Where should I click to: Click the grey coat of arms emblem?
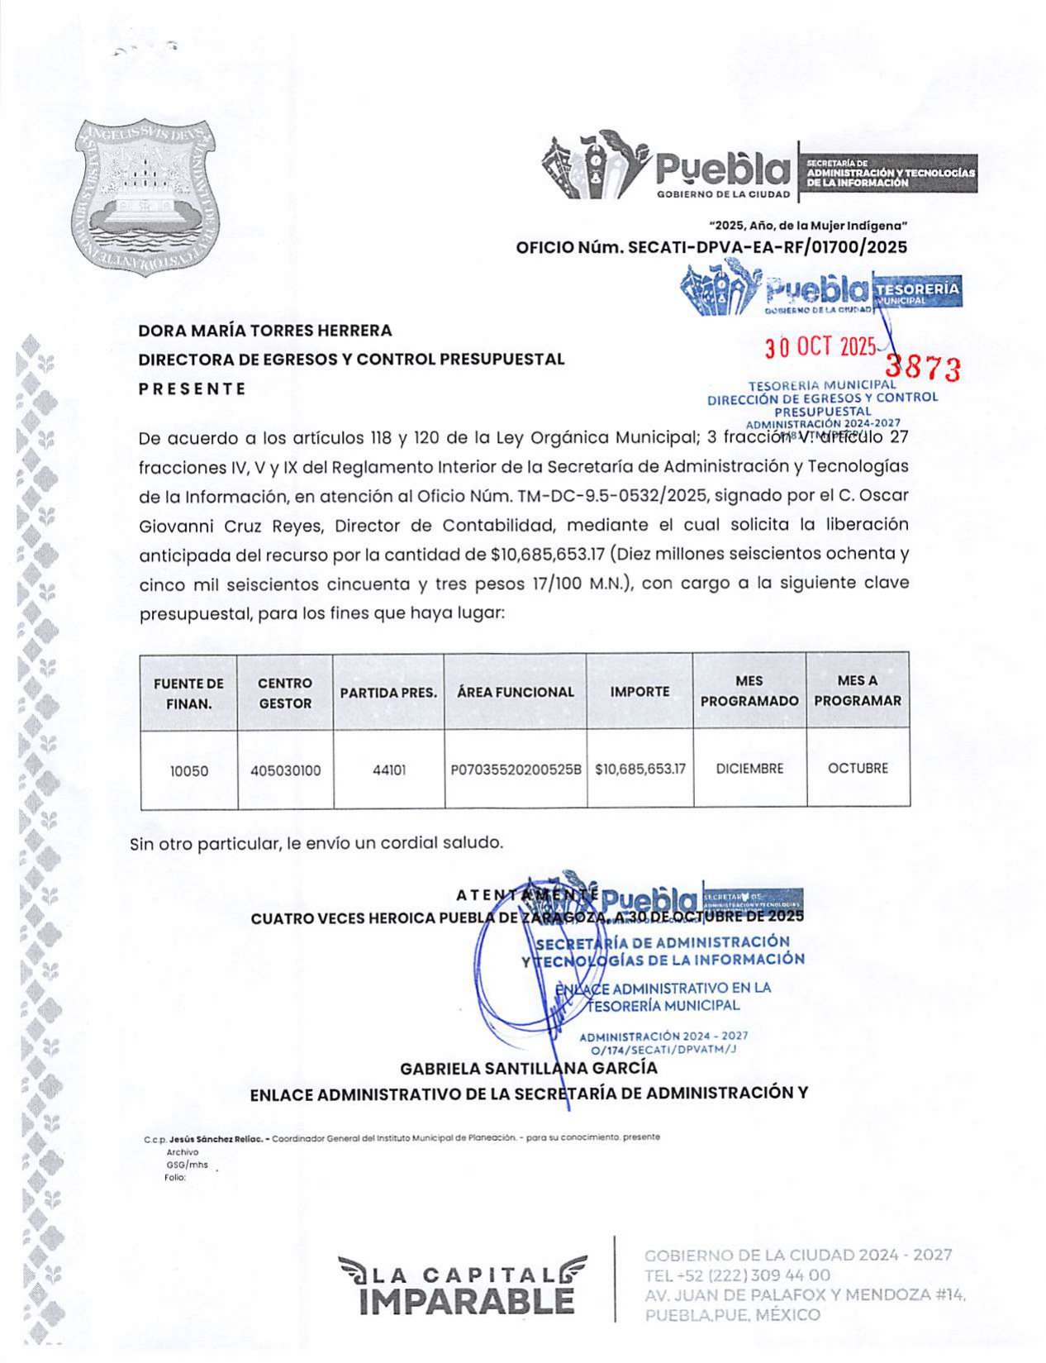[x=145, y=198]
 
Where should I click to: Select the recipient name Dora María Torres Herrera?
[x=264, y=331]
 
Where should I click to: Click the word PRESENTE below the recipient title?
[x=192, y=388]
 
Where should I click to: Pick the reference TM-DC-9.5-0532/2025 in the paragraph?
[x=611, y=496]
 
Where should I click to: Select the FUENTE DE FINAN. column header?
[x=188, y=693]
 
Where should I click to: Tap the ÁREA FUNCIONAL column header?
[x=515, y=692]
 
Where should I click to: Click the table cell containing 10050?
[x=188, y=770]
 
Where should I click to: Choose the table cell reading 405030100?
[x=285, y=770]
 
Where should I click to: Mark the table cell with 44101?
[x=388, y=770]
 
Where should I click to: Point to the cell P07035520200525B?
[x=516, y=770]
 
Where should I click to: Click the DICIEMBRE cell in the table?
[x=749, y=769]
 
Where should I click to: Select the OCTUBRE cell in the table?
[x=858, y=768]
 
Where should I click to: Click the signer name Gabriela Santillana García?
[x=528, y=1068]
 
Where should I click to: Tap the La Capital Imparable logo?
[x=463, y=1288]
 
